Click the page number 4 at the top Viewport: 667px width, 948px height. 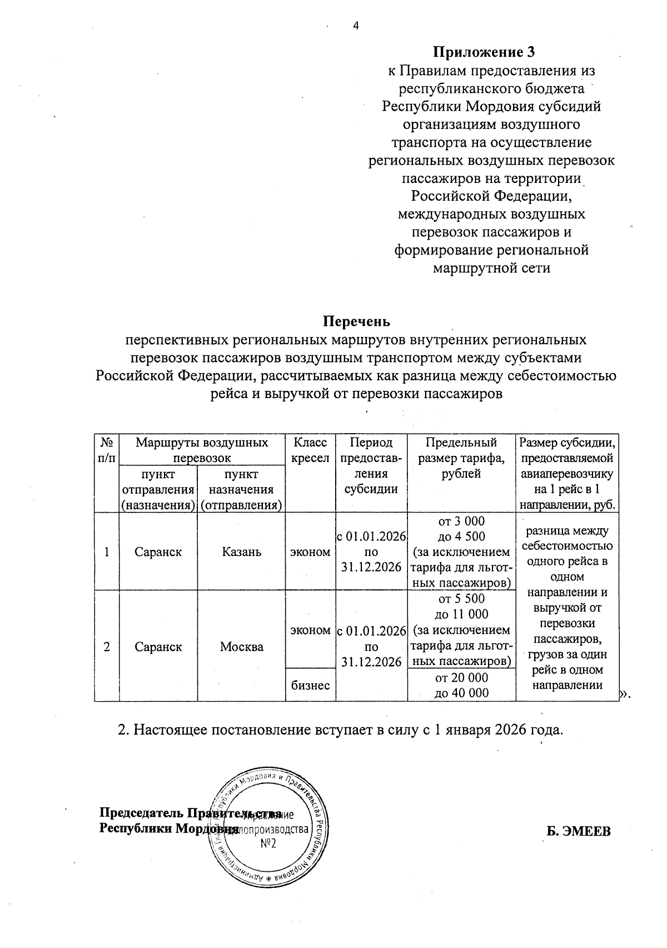(356, 25)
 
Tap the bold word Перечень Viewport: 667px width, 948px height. (356, 321)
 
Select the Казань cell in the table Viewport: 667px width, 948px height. (241, 552)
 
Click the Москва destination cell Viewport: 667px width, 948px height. (241, 647)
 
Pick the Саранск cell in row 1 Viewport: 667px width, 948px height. (158, 552)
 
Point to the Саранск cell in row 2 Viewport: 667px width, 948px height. (158, 647)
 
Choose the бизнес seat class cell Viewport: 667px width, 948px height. (310, 685)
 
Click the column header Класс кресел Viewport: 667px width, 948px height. (310, 451)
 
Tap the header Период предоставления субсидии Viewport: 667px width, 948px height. (371, 466)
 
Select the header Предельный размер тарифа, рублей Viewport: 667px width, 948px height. (461, 458)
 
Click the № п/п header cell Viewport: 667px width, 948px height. (107, 451)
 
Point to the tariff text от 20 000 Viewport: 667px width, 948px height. (462, 677)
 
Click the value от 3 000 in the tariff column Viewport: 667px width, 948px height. (462, 521)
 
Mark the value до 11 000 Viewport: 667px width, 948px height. (462, 614)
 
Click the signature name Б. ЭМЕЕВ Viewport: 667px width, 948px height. (578, 832)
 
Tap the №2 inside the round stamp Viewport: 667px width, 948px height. (268, 844)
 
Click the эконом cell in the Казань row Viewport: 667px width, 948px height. (310, 552)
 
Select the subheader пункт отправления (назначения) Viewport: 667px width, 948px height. (158, 489)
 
